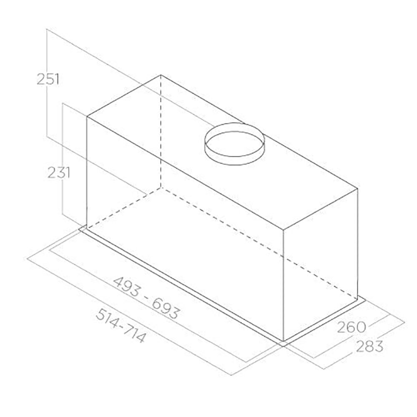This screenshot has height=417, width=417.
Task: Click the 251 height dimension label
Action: tap(48, 79)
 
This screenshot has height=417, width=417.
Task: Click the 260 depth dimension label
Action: tap(352, 327)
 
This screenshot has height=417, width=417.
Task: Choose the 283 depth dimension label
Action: tap(369, 346)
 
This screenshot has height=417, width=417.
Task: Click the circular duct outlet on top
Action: tap(234, 144)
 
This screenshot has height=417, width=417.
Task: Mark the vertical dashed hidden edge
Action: tap(161, 131)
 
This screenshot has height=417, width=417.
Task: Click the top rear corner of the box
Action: tap(161, 75)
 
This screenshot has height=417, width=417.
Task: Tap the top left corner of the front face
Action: tap(87, 117)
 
